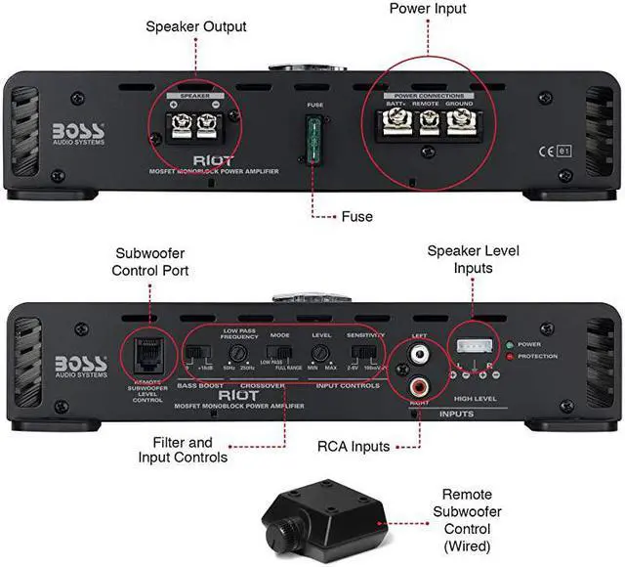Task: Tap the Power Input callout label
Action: [428, 9]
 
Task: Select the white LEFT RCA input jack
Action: [421, 353]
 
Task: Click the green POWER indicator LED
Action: [511, 344]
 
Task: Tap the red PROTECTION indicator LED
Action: [511, 356]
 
